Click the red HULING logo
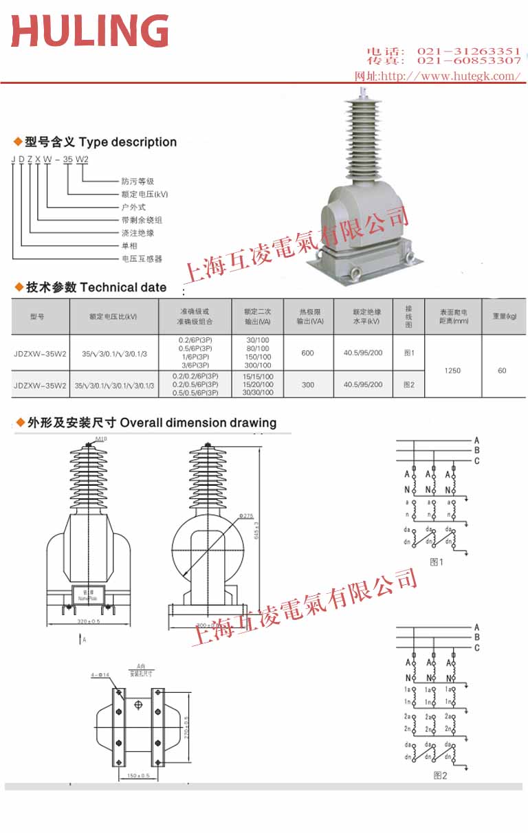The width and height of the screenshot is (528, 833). [90, 31]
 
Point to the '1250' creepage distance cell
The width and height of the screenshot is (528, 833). [452, 370]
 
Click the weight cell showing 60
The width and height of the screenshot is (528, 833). [502, 370]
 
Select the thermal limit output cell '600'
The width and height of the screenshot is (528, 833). [307, 353]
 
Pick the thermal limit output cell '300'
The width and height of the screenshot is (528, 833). [307, 385]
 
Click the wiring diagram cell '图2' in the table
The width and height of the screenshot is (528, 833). [409, 385]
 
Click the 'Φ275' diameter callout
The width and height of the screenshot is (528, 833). [246, 515]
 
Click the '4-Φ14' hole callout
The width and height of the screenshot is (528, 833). [100, 676]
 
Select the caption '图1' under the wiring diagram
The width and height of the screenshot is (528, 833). [437, 562]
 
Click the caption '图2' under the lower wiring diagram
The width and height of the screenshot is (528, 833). [440, 775]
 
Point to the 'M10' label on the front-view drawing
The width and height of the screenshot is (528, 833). [101, 438]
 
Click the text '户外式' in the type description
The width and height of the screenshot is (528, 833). [133, 207]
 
